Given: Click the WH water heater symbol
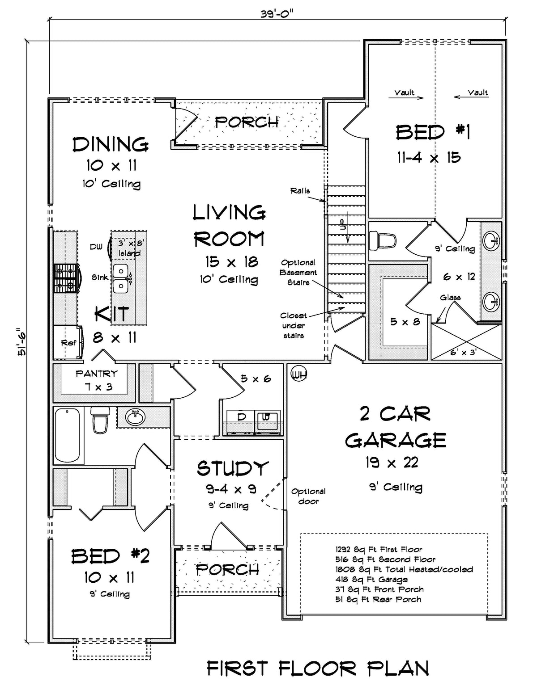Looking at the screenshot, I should point(298,374).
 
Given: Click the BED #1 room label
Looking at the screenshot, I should point(433,133).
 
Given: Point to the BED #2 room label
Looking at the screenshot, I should point(110,556).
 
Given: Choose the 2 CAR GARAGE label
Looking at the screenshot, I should point(396,427).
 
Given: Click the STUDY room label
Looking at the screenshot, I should point(232,468).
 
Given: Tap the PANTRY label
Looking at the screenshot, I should point(97,374).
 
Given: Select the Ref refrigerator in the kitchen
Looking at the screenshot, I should point(68,343).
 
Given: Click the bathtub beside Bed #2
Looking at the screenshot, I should point(67,435).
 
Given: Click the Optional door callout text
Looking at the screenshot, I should point(308,496).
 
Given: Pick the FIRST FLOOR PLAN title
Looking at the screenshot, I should point(318,669).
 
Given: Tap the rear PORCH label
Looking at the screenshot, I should point(247,122).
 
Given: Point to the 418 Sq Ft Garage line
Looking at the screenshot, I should point(371,579).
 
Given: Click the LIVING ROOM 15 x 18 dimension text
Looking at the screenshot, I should point(231,262).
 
